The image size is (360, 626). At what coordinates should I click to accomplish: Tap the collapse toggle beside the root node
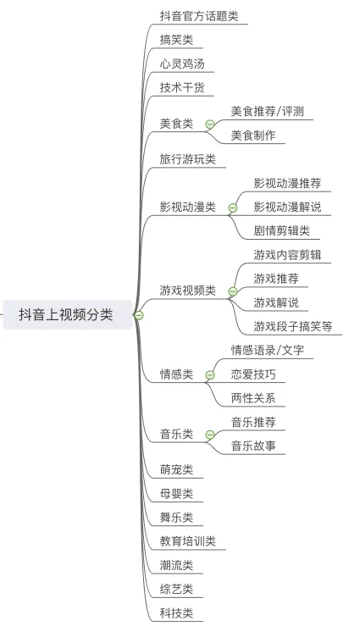click(138, 315)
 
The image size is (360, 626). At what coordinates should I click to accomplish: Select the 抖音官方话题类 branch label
click(199, 16)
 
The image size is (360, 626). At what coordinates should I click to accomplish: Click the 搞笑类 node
click(176, 40)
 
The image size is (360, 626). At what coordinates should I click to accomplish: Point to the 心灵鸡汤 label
click(182, 64)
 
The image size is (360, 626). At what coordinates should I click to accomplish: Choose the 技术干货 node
click(182, 87)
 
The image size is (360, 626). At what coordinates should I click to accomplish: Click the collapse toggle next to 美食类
click(210, 125)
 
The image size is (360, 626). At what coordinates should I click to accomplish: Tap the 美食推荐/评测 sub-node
click(268, 111)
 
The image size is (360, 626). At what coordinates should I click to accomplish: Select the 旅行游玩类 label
click(187, 159)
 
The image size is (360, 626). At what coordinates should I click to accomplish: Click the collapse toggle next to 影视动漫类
click(233, 208)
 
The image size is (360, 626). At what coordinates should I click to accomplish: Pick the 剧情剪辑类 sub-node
click(281, 230)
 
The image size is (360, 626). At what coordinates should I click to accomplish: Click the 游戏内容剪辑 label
click(287, 255)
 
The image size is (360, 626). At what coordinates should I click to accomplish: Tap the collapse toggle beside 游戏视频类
click(233, 291)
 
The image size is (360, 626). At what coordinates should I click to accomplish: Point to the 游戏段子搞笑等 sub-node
click(293, 327)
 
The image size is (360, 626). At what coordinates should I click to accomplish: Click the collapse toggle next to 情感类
click(210, 375)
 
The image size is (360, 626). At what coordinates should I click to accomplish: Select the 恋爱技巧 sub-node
click(253, 374)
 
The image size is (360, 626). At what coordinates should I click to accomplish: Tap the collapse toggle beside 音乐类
click(210, 435)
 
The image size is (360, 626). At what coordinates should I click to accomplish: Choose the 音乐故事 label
click(253, 446)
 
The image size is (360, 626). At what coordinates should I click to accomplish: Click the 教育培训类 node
click(187, 541)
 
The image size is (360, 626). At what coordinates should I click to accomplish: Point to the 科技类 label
click(176, 613)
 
